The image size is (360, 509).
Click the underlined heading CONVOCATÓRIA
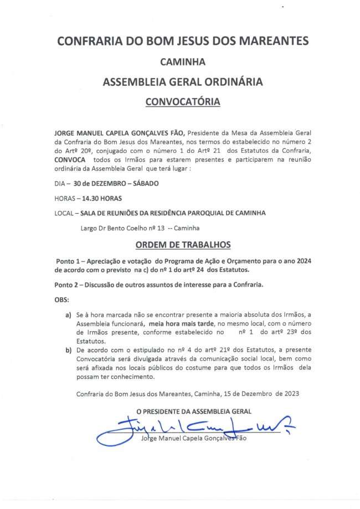click(x=183, y=102)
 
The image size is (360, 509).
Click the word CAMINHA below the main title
click(x=183, y=61)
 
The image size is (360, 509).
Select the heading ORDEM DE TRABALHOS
click(x=183, y=244)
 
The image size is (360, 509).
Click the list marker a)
click(x=69, y=315)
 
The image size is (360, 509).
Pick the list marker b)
click(x=69, y=351)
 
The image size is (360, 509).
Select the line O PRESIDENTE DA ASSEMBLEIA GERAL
click(x=194, y=411)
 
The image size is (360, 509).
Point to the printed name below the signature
click(x=193, y=439)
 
